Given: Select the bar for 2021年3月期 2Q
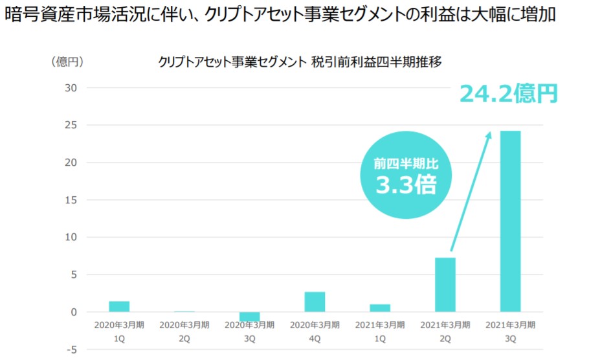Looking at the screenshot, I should coord(445,285).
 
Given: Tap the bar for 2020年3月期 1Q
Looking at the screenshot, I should coord(119,306).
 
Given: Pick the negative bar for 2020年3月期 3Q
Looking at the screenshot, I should coord(249,317).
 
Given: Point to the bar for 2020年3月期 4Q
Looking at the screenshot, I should coord(315,302).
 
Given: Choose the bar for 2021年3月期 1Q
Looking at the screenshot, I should coord(379,308).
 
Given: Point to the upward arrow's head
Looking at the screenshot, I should coord(490,134).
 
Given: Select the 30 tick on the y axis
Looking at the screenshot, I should coord(71,87).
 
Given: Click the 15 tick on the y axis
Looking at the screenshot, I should coord(71,200).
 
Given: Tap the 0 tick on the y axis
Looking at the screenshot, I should coord(73,312).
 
